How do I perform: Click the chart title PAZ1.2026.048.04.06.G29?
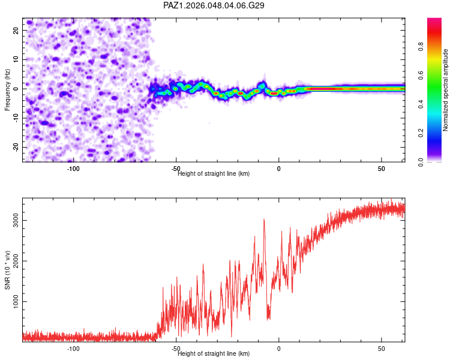coord(214,5)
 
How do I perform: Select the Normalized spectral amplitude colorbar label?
coord(445,89)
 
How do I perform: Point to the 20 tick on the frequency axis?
coord(16,30)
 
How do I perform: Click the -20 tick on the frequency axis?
coord(14,147)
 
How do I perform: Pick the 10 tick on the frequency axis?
coord(16,59)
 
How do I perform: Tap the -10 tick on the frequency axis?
coord(14,118)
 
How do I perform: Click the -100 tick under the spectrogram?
coord(73,169)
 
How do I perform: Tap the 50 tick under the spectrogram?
coord(382,169)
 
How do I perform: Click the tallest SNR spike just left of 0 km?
coord(264,220)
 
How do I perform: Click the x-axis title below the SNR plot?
coord(214,353)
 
